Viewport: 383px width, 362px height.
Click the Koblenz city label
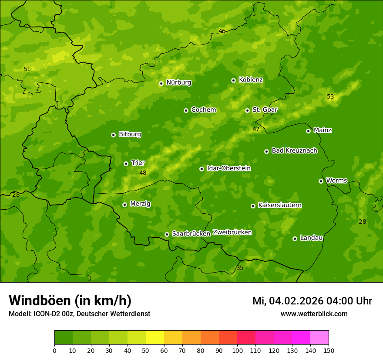251,80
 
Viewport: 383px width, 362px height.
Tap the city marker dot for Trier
126,164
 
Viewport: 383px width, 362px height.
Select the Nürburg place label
178,82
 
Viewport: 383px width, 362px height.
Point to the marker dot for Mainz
308,131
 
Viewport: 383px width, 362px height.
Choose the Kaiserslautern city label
280,205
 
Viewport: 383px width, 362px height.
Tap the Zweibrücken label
232,232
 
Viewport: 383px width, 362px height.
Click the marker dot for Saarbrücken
167,234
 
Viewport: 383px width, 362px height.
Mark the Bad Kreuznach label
294,150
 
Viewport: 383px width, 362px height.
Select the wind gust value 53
330,96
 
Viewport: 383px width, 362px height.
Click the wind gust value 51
27,69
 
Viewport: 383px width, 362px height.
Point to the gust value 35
240,268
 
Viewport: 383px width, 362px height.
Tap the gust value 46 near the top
222,31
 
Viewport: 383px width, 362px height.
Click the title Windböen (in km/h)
70,301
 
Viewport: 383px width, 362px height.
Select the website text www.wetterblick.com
314,314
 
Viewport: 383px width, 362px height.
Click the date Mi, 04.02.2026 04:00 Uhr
312,301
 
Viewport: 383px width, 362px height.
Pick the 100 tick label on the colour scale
237,350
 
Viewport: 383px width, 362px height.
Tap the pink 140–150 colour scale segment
319,338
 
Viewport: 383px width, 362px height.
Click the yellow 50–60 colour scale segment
155,338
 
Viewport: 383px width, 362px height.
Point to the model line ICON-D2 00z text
79,314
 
